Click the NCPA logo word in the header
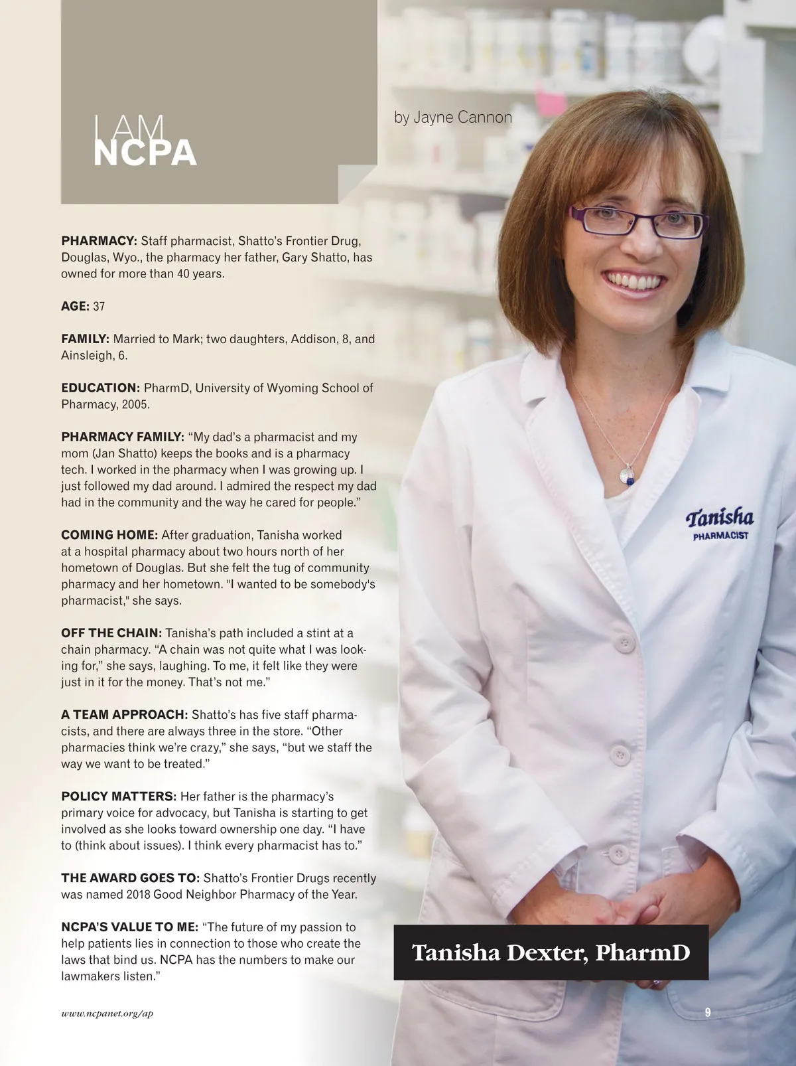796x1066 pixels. pos(145,152)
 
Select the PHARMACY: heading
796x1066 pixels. pos(99,241)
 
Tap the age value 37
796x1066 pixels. pos(99,307)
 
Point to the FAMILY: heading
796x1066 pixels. pos(85,339)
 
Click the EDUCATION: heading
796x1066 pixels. pos(100,388)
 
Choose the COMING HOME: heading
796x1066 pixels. pos(109,535)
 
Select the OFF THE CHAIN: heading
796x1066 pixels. pos(111,633)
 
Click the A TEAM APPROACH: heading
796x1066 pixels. pos(125,715)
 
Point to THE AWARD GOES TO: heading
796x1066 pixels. pos(130,878)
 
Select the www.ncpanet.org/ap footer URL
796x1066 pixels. pos(107,1014)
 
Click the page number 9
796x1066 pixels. pos(708,1012)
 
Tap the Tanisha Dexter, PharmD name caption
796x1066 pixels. pos(551,952)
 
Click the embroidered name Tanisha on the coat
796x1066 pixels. pos(720,518)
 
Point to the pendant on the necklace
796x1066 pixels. pos(626,474)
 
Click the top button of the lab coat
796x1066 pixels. pos(624,644)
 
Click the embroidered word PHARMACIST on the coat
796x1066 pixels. pos(720,535)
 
